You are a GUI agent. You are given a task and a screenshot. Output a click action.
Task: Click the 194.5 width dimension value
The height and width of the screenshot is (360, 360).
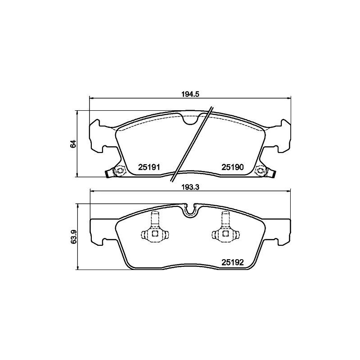pyautogui.click(x=189, y=94)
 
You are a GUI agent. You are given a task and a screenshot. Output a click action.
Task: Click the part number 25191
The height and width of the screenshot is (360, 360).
pyautogui.click(x=149, y=167)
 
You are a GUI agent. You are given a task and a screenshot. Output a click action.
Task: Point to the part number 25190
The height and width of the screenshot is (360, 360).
pyautogui.click(x=232, y=167)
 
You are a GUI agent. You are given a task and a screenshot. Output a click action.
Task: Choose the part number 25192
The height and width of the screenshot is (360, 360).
pyautogui.click(x=232, y=260)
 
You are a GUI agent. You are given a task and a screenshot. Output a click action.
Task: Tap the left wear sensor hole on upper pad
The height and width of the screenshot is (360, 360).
pyautogui.click(x=119, y=171)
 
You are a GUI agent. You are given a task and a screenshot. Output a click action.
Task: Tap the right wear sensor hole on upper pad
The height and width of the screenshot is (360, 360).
pyautogui.click(x=260, y=171)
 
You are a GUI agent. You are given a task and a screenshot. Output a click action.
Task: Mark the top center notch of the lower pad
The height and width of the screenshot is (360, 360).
pyautogui.click(x=189, y=211)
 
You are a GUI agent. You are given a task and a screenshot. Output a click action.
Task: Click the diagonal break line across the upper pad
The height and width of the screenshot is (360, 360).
pyautogui.click(x=191, y=144)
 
